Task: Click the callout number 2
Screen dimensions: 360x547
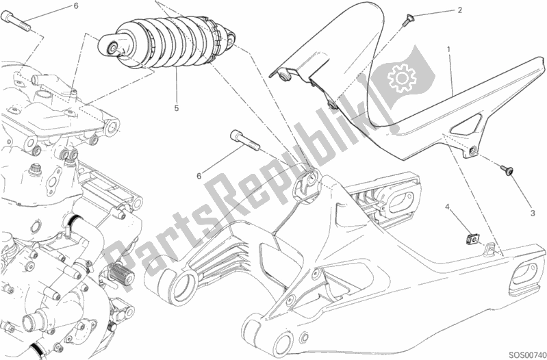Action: tap(459, 10)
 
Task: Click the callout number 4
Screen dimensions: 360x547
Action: tap(448, 206)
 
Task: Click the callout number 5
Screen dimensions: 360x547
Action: tap(176, 108)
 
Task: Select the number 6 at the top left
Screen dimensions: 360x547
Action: tap(76, 5)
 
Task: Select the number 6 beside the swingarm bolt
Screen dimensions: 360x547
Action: tap(199, 176)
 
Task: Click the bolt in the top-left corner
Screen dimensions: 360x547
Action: tap(21, 26)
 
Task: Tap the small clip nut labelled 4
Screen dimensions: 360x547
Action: tap(472, 238)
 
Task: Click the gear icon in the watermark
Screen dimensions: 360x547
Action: tap(402, 76)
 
